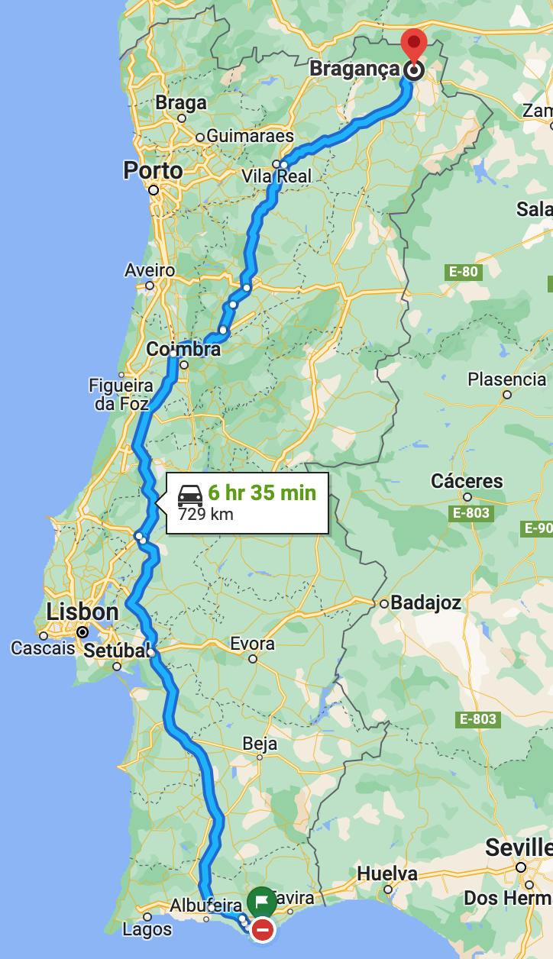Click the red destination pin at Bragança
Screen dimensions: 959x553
(414, 44)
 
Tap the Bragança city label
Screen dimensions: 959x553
(354, 69)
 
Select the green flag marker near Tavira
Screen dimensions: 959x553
(262, 901)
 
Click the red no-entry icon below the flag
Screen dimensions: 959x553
(263, 929)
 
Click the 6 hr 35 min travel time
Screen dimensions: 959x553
(262, 492)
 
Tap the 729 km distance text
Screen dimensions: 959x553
(206, 514)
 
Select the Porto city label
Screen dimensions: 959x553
(154, 170)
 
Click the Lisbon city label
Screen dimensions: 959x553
(82, 612)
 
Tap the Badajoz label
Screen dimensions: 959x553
(425, 603)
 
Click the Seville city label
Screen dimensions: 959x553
(519, 848)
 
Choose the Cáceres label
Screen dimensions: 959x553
(467, 481)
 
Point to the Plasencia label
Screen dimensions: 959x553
(507, 379)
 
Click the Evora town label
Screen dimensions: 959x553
(252, 644)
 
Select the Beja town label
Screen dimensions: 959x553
(260, 743)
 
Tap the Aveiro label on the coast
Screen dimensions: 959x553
(150, 270)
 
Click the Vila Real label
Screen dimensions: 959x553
(276, 176)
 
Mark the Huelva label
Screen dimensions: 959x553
(387, 873)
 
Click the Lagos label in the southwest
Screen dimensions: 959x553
(147, 930)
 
